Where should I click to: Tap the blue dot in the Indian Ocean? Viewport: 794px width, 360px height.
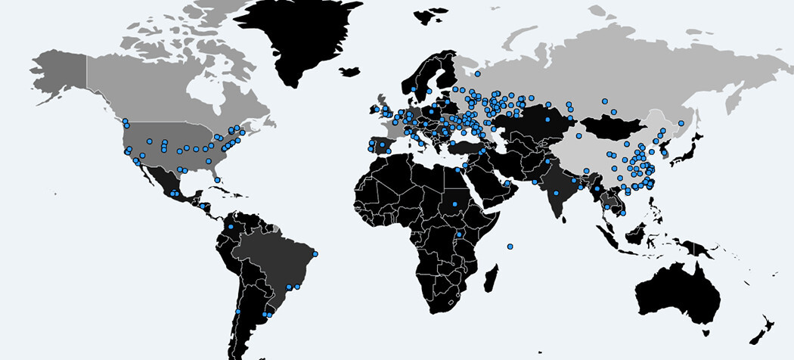click(510, 246)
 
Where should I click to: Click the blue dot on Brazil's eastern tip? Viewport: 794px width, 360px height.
click(315, 253)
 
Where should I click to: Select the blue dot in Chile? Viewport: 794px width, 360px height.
click(237, 311)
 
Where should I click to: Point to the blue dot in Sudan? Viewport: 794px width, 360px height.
click(454, 203)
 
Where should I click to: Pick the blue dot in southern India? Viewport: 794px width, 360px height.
click(556, 194)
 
